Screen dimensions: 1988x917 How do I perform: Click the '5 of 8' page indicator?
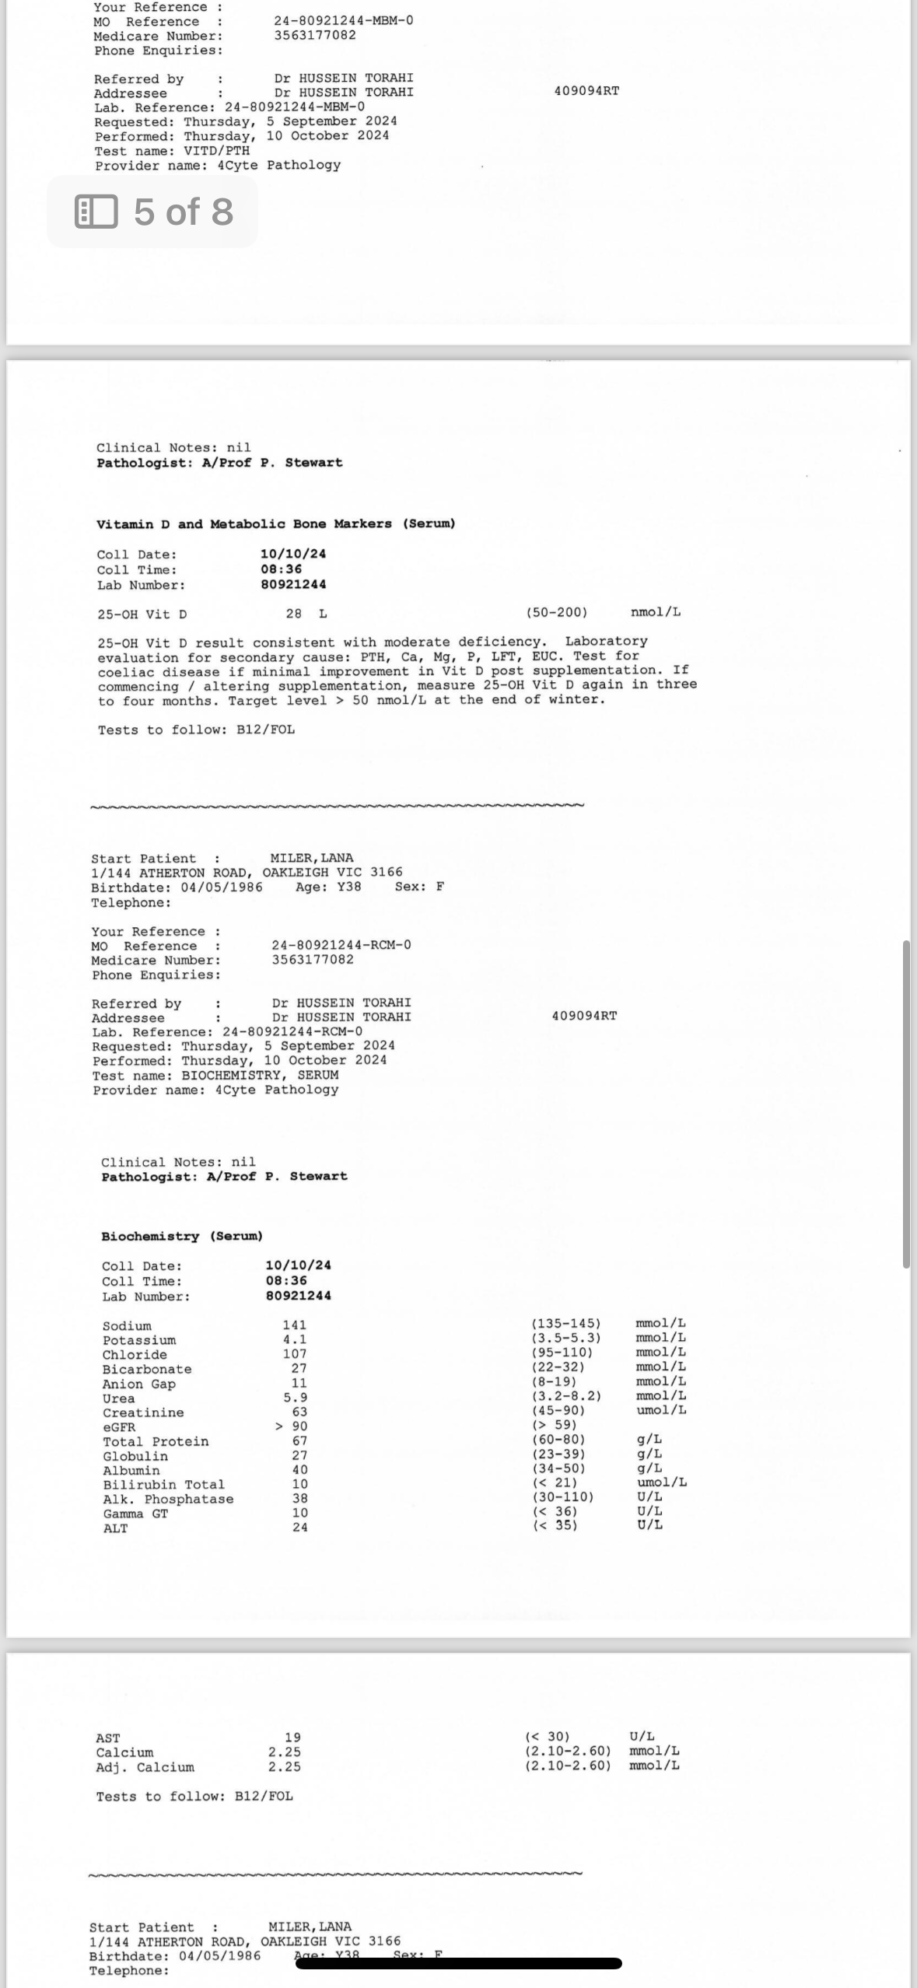coord(154,212)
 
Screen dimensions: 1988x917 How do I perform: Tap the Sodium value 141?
coord(294,1325)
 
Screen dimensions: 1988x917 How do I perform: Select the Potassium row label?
coord(139,1340)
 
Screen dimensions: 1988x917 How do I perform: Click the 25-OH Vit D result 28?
coord(293,614)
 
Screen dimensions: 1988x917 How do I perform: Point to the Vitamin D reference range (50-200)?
coord(556,612)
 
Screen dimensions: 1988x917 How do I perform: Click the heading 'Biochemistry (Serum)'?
coord(182,1236)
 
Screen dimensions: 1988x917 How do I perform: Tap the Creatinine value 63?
coord(299,1412)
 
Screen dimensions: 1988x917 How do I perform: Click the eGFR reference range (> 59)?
coord(554,1425)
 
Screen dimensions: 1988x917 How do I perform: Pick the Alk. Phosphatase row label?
coord(168,1499)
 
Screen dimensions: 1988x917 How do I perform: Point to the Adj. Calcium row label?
coord(145,1767)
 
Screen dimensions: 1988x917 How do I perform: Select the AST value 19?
coord(292,1737)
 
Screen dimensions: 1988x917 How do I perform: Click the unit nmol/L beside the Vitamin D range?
coord(655,612)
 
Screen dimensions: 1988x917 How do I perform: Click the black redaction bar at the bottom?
coord(458,1963)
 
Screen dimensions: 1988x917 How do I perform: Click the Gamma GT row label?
coord(135,1514)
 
